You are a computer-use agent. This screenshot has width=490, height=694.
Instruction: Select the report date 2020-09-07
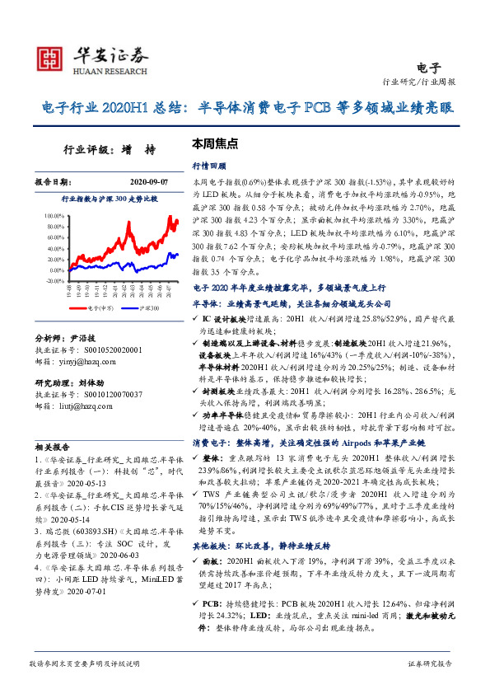click(x=147, y=181)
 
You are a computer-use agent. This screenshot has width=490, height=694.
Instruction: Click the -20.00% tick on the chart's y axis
click(x=52, y=280)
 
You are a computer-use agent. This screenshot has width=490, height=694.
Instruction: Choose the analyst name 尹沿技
click(x=84, y=338)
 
